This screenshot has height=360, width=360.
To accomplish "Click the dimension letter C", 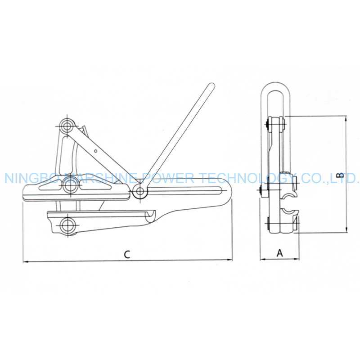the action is click(x=127, y=254).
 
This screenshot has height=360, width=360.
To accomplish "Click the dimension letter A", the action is click(x=279, y=253).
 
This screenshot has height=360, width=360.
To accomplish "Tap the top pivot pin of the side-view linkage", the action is click(x=67, y=126).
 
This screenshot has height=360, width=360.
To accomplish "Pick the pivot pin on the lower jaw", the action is click(x=67, y=225).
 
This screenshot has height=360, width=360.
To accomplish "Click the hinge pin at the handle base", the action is click(x=139, y=190).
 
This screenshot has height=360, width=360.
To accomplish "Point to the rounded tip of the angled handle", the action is click(x=211, y=86).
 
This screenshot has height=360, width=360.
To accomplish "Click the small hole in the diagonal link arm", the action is click(x=96, y=151).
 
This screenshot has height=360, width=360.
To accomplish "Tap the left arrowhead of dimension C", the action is click(x=25, y=261).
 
